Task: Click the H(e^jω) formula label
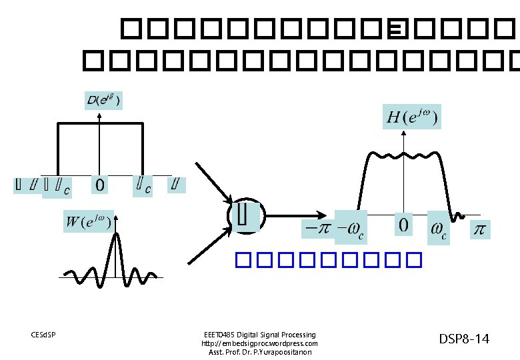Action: click(x=412, y=119)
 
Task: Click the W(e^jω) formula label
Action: click(x=88, y=221)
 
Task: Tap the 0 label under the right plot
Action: click(x=404, y=225)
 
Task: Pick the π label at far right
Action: click(x=479, y=230)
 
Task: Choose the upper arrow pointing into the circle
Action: click(x=213, y=181)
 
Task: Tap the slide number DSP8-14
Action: click(x=464, y=339)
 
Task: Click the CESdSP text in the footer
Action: click(x=43, y=334)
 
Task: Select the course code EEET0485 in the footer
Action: click(x=220, y=335)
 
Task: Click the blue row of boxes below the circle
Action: click(x=329, y=259)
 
